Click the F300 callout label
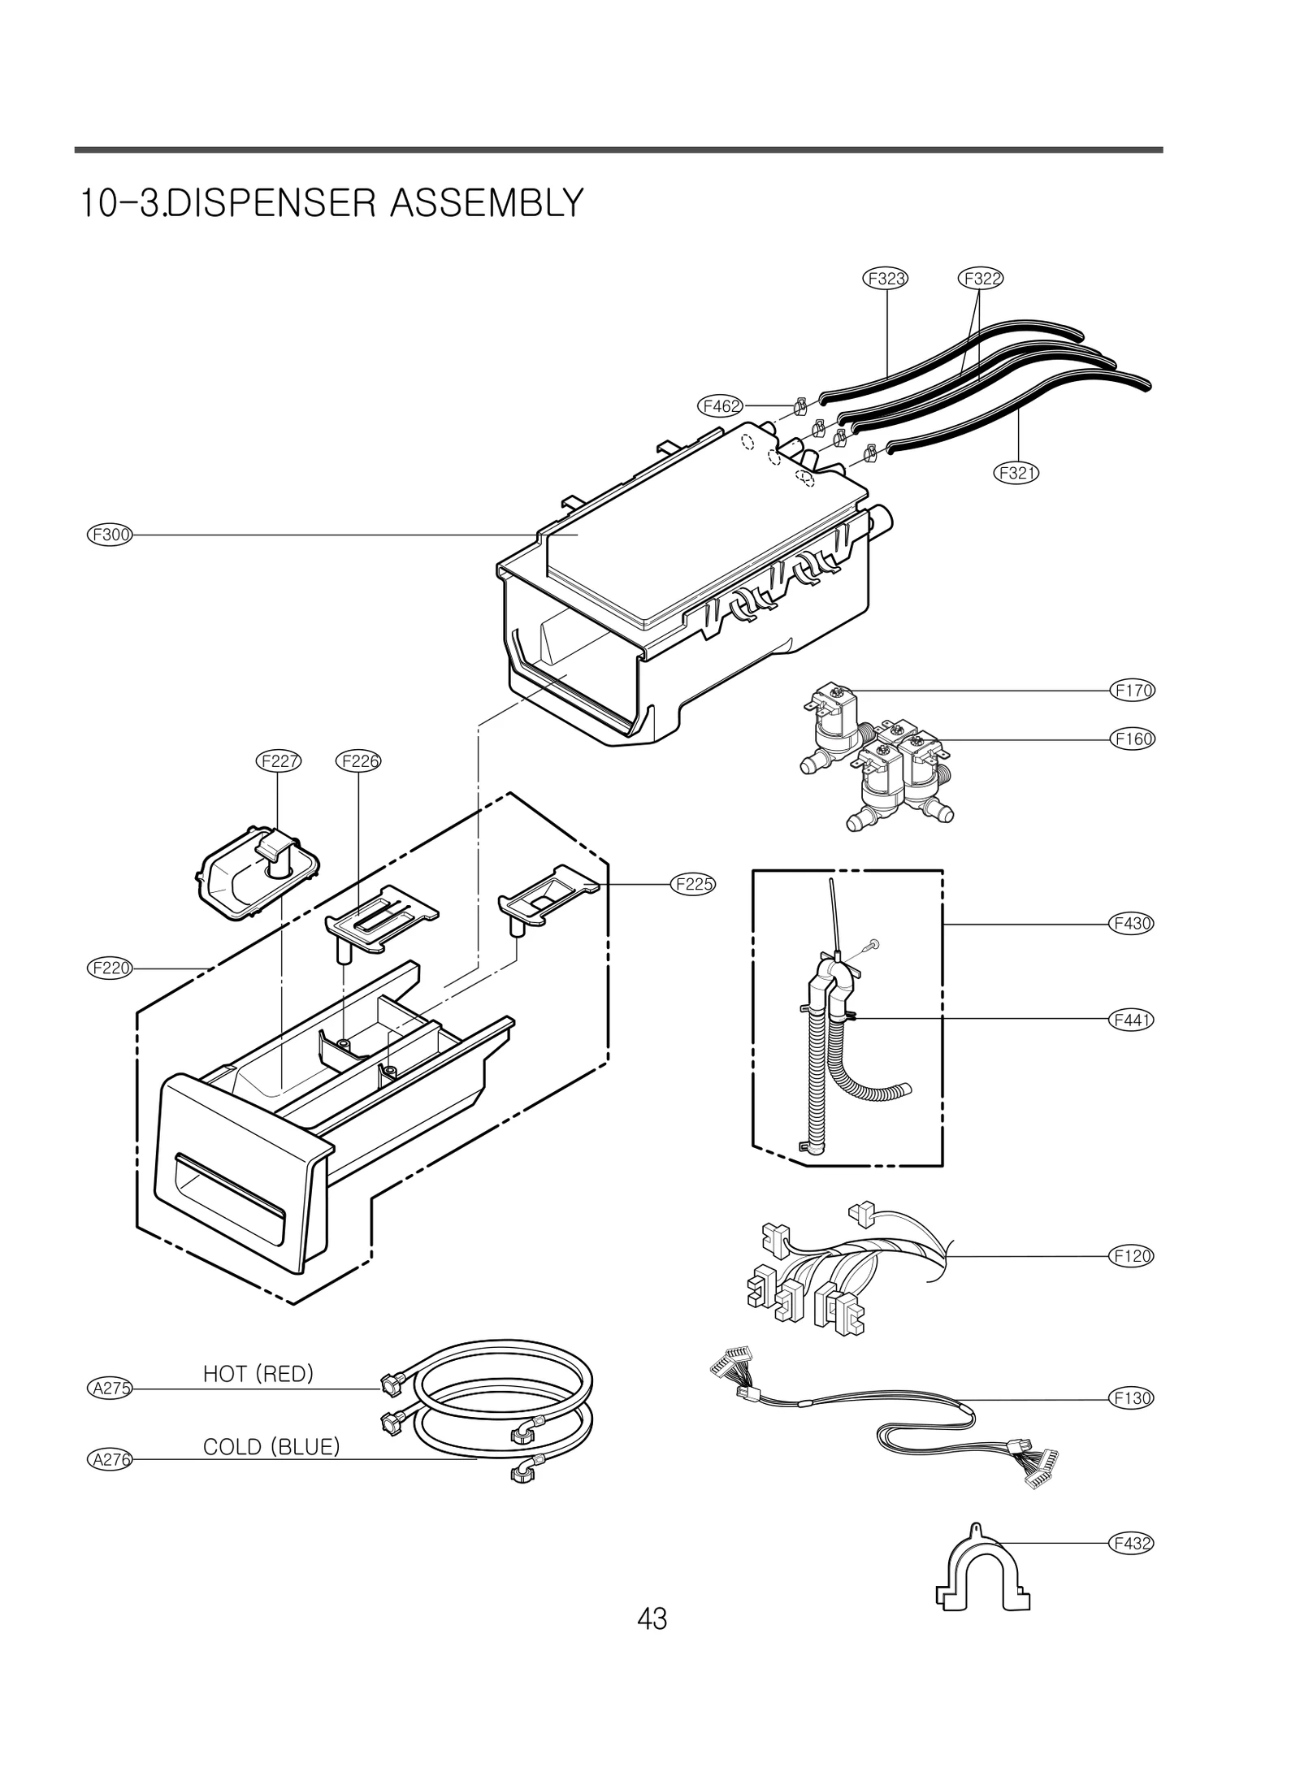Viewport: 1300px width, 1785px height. click(109, 535)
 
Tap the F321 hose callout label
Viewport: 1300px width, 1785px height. click(1016, 472)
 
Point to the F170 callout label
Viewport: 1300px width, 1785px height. click(1131, 691)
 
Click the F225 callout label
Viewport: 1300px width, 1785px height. click(693, 884)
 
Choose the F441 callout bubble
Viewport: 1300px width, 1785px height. click(1131, 1019)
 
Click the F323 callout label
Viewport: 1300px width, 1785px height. click(885, 279)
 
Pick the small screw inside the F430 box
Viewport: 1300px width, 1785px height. click(873, 944)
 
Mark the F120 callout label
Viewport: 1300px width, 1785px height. click(1131, 1256)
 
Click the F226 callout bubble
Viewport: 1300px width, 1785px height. click(358, 761)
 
